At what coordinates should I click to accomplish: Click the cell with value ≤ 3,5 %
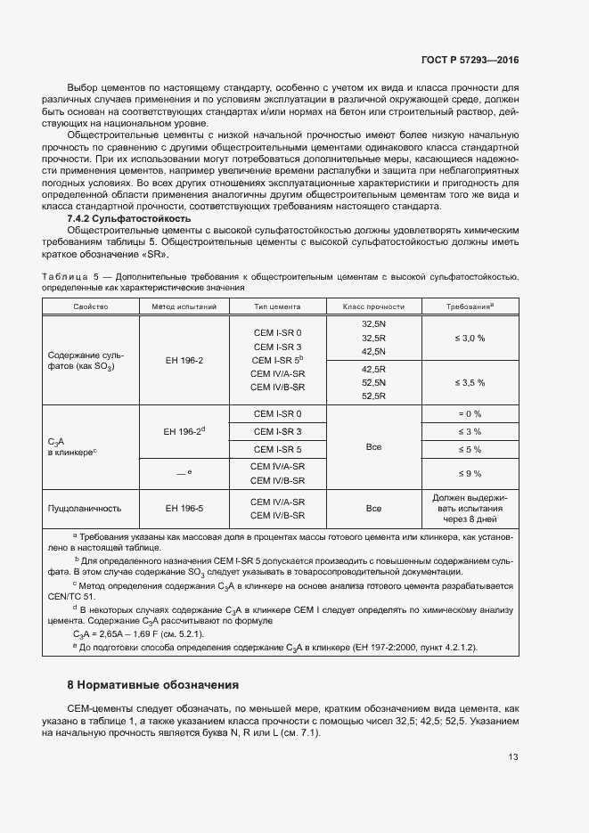(x=469, y=382)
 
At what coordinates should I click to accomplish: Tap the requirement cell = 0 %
(x=469, y=414)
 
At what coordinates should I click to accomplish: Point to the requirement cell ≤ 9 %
(x=469, y=473)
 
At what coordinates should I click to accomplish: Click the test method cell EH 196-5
(x=184, y=509)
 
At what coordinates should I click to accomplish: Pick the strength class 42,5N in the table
(x=373, y=351)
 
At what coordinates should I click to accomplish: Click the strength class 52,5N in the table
(x=373, y=382)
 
